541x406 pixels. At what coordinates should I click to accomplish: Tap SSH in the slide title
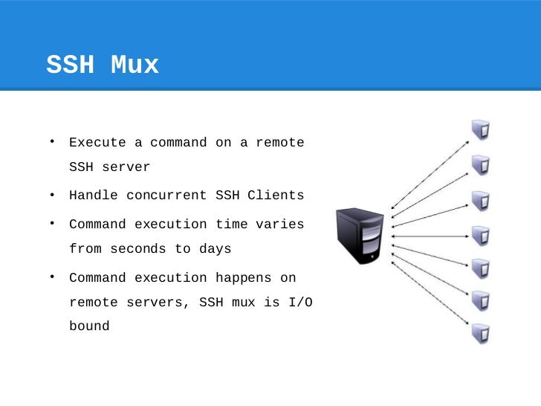[x=71, y=65]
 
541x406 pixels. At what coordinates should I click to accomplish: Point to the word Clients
[x=276, y=196]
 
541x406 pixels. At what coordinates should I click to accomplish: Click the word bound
[x=89, y=326]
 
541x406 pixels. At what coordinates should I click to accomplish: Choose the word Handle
[x=93, y=196]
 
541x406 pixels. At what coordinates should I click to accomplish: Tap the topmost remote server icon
[x=480, y=131]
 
